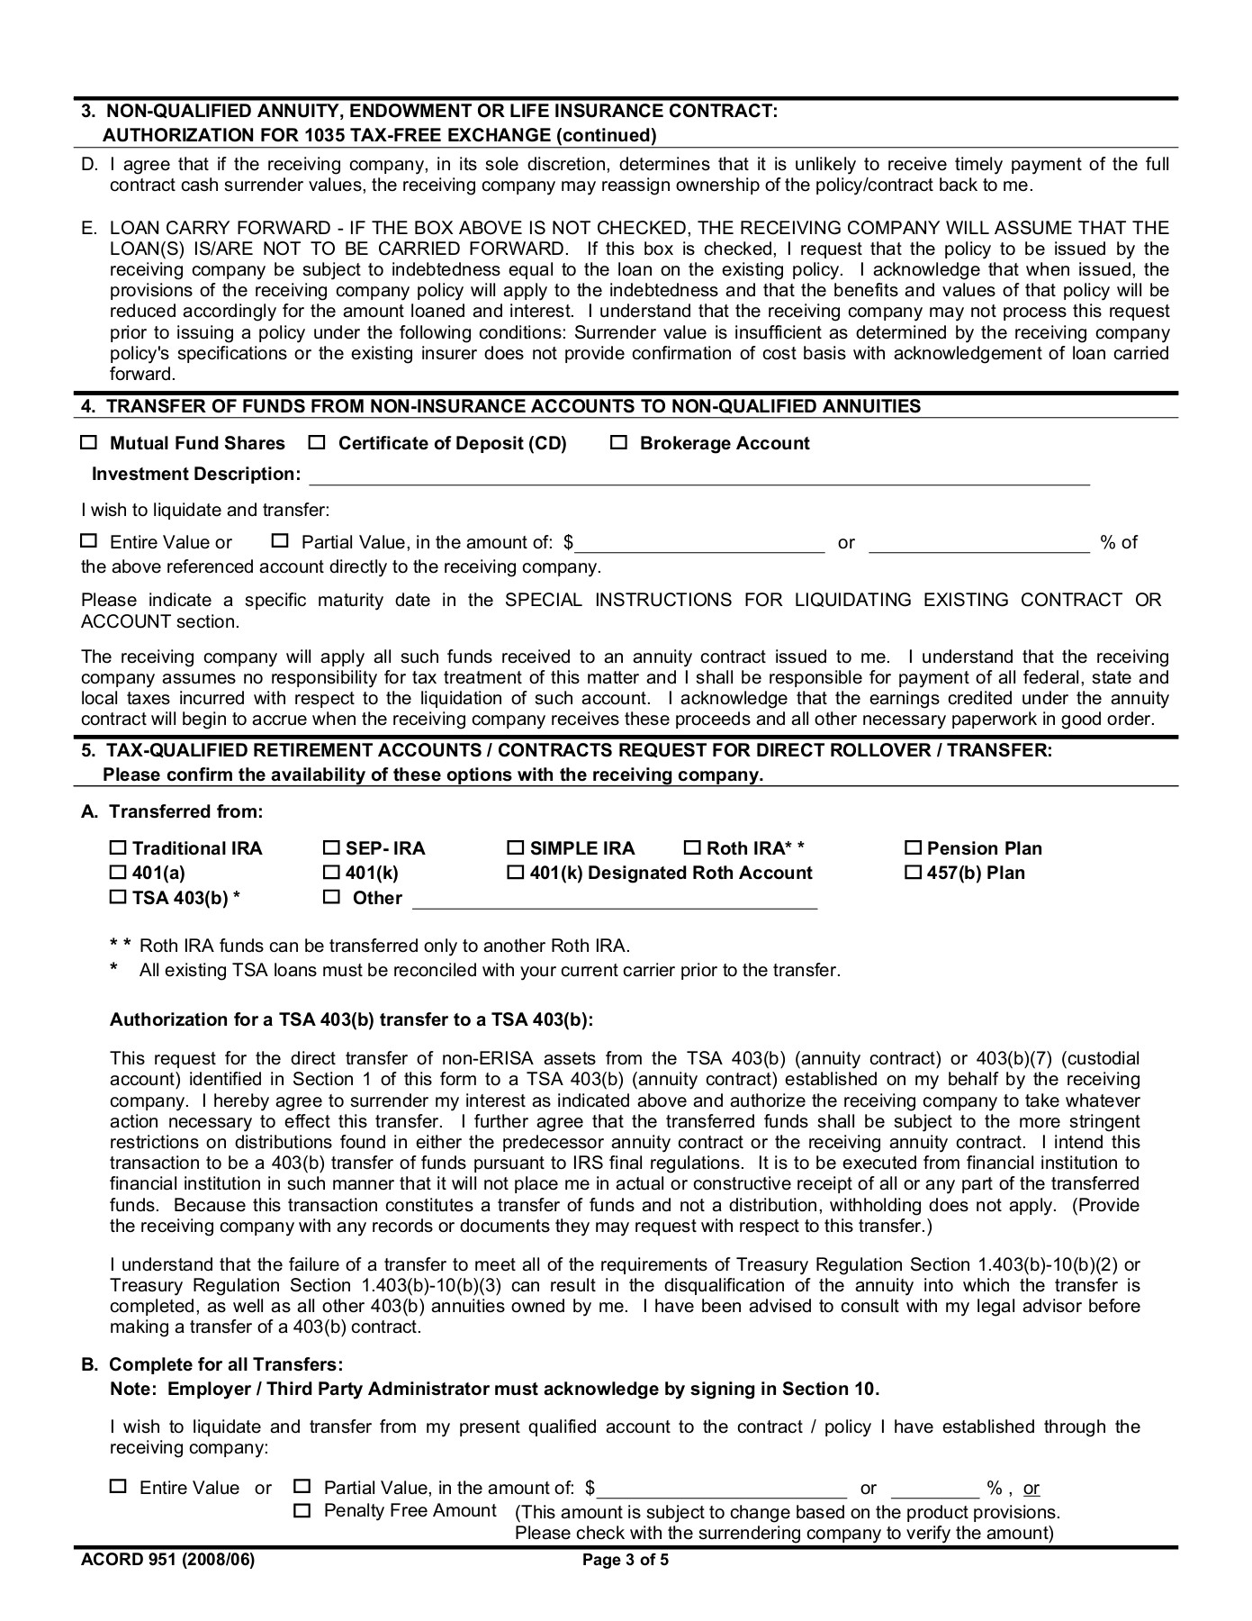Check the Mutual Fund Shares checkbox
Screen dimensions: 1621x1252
point(88,443)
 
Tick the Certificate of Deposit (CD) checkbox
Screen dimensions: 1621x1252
point(317,443)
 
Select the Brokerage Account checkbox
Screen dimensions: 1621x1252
point(618,443)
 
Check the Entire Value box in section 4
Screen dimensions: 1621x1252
point(88,541)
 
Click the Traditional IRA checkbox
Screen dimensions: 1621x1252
point(118,848)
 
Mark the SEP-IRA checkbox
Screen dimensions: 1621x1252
point(330,848)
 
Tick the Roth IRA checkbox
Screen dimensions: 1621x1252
point(692,848)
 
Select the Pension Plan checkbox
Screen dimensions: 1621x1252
point(913,848)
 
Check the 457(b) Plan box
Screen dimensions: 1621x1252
point(913,873)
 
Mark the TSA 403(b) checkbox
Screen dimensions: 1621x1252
point(118,898)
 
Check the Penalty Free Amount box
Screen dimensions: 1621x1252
point(302,1510)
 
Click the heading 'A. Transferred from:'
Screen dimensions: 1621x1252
point(172,811)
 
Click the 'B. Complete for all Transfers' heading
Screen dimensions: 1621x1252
point(212,1364)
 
